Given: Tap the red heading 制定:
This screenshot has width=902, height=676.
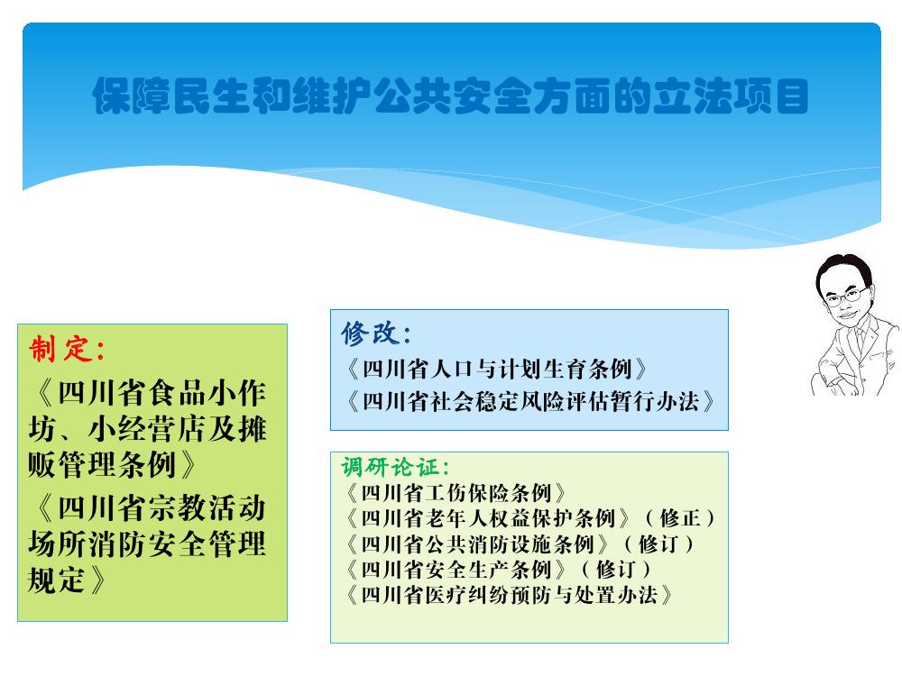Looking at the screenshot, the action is (67, 349).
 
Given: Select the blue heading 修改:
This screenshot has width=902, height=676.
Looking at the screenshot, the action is (375, 333).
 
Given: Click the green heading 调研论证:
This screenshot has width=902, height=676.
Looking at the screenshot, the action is (395, 467).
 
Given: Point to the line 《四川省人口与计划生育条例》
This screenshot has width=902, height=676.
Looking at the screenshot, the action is (496, 369).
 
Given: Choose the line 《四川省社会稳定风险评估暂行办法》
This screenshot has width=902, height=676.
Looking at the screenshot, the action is (529, 401).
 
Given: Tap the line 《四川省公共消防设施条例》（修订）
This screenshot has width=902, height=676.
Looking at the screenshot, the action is (520, 544).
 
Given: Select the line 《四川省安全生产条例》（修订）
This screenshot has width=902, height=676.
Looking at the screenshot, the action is (498, 569).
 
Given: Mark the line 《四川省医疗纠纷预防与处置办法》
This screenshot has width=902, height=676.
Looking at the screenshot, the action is (509, 594).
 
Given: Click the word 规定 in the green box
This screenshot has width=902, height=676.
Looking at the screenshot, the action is (57, 580).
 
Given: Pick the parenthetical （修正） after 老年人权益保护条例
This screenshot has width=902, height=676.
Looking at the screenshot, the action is (679, 518).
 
